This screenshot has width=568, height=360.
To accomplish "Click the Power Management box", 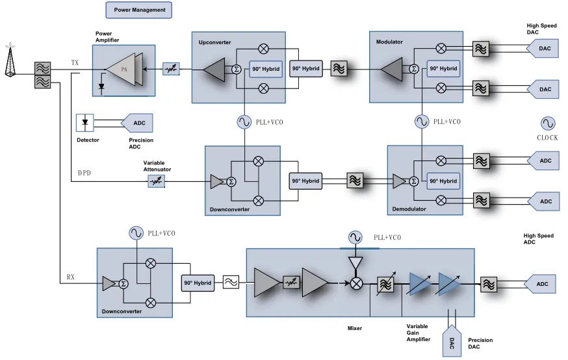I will tap(139, 10).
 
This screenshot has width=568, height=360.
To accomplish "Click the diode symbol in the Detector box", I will tap(85, 122).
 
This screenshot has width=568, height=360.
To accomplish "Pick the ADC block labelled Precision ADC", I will tap(138, 122).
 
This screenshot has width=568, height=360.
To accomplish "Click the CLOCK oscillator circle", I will tap(547, 123).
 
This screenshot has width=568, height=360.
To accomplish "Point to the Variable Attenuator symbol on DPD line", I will tap(156, 182).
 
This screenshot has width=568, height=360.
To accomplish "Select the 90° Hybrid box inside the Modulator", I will tap(443, 68).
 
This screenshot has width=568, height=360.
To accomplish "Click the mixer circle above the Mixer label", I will tap(355, 283).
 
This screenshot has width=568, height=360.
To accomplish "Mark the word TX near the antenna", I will tap(75, 63).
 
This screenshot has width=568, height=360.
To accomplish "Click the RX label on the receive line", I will tap(71, 277).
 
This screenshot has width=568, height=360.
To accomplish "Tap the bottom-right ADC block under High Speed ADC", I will tap(545, 283).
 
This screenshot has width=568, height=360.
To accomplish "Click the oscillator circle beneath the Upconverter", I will tap(244, 122).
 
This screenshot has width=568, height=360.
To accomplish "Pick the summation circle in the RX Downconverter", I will tap(123, 283).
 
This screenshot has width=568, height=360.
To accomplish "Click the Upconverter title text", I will tap(215, 42).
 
